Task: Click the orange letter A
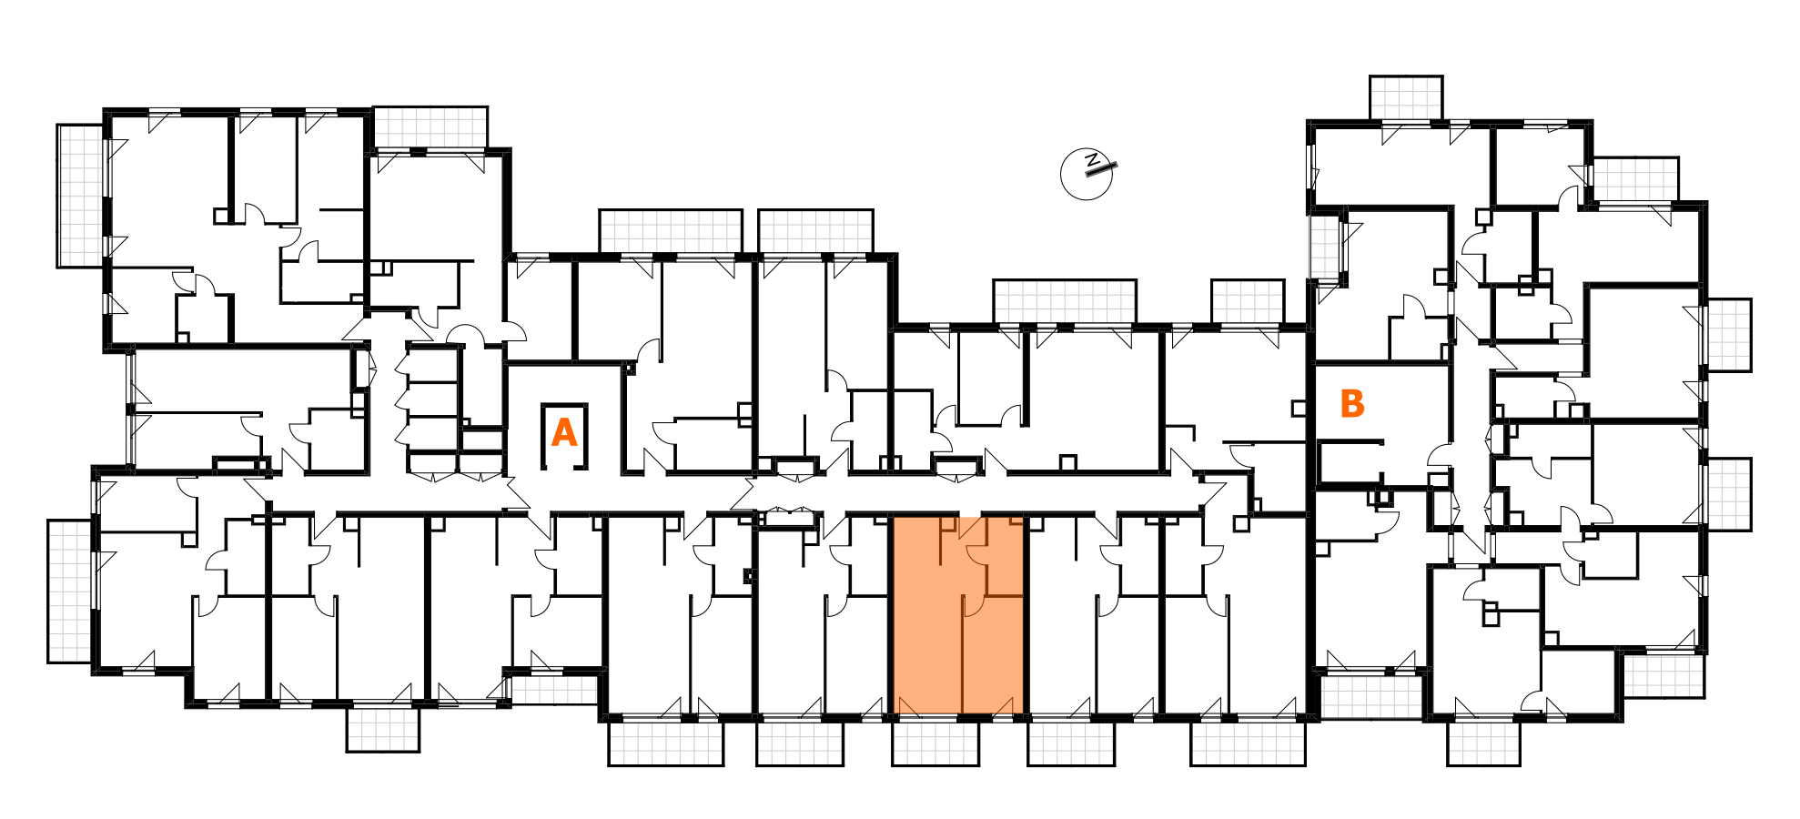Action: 564,432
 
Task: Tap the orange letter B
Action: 1352,403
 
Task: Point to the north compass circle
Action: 1087,173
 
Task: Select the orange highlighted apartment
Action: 958,616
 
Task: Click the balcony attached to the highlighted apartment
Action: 935,743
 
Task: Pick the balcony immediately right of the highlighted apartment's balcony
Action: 1071,743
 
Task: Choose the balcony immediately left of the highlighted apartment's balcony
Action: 800,743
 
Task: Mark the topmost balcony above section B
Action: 1406,97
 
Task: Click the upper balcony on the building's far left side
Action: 81,196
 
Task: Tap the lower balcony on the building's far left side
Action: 70,591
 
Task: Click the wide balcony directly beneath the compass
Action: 1065,301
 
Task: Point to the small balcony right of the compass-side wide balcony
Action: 1248,301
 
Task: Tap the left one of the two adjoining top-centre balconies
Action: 671,231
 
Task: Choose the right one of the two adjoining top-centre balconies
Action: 816,231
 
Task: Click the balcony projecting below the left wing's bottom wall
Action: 383,729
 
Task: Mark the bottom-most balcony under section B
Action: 1484,743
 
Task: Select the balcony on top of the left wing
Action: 430,126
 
